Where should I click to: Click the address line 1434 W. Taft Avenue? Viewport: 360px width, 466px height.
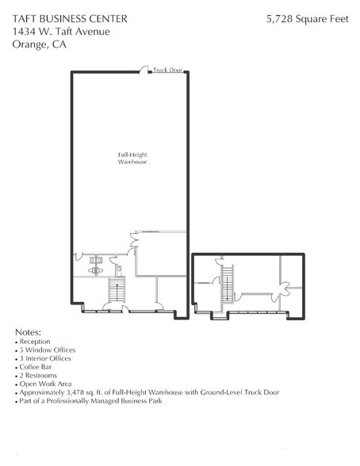(x=61, y=31)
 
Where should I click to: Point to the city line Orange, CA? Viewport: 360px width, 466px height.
(x=40, y=44)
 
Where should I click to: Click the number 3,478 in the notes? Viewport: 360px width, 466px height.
(x=81, y=392)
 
